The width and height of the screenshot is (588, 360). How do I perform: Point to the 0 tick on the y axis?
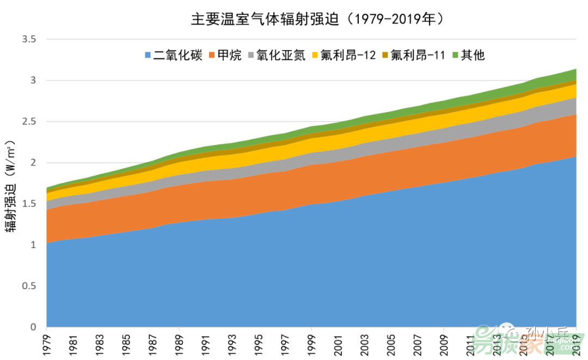(33, 327)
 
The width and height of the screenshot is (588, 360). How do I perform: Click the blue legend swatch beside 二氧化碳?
(148, 56)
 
